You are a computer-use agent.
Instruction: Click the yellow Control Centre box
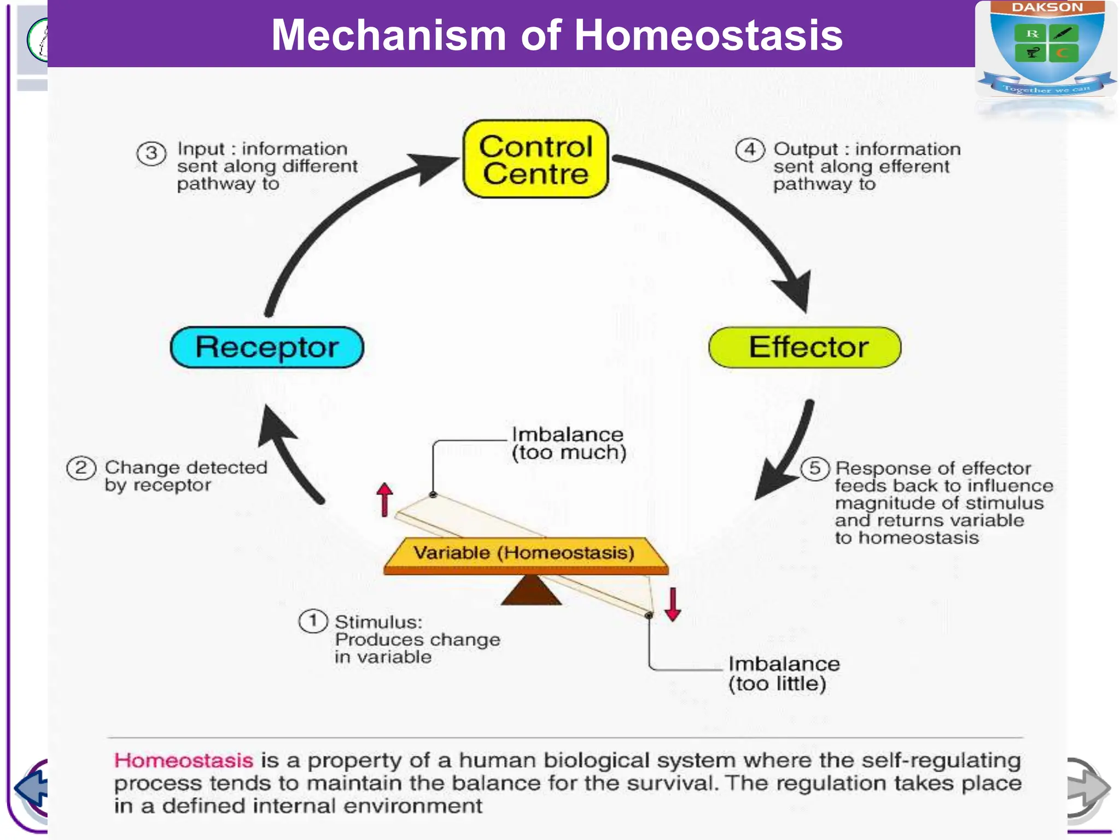point(535,159)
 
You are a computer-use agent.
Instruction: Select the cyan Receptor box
point(267,347)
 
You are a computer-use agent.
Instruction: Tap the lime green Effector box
point(804,347)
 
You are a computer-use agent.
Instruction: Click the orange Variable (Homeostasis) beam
point(525,554)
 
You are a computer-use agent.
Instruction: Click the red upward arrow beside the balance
point(385,499)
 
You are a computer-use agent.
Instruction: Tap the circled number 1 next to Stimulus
point(313,621)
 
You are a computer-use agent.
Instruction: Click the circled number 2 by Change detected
point(81,468)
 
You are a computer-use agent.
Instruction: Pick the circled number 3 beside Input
point(151,154)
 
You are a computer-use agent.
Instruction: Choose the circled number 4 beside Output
point(749,150)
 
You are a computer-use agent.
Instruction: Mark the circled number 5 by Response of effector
point(815,468)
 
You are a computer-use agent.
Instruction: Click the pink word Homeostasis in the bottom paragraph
point(183,761)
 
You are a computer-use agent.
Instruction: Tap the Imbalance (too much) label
point(568,444)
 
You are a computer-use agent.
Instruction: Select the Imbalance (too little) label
point(783,674)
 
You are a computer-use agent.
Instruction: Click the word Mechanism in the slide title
point(388,36)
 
